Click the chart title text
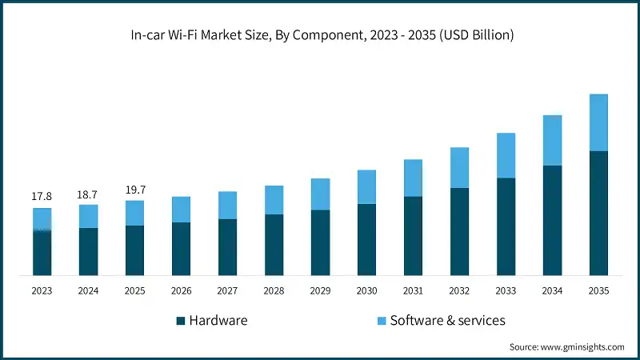click(320, 34)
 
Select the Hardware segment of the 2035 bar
click(598, 213)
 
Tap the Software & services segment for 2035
click(598, 122)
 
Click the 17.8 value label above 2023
click(42, 196)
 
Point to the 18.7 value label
click(88, 194)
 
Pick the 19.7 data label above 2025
click(134, 190)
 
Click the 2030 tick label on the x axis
click(366, 291)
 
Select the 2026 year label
click(181, 291)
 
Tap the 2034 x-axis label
click(552, 291)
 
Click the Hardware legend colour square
click(181, 321)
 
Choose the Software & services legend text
click(448, 320)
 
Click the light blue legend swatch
click(382, 321)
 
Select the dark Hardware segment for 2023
click(42, 253)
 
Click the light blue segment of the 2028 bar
click(274, 200)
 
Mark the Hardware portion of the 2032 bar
click(459, 232)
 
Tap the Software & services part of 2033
click(506, 155)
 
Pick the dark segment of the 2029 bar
click(320, 242)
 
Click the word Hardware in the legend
click(218, 320)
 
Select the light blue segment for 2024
click(88, 216)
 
